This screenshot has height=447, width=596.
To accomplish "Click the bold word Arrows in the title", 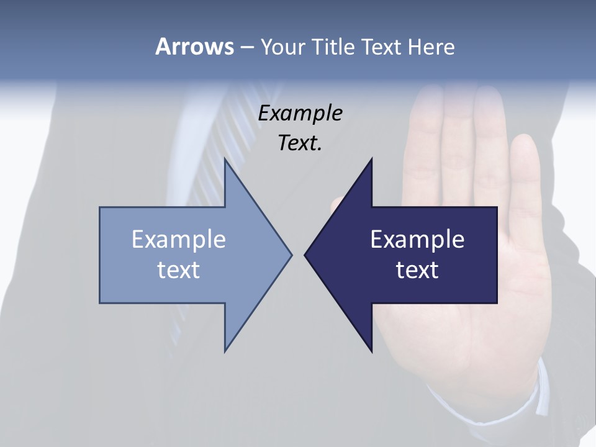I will [x=194, y=47].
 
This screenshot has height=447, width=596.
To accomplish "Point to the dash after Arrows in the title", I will [x=246, y=47].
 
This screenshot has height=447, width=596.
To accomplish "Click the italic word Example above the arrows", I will [x=300, y=113].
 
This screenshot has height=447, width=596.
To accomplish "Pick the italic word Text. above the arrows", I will [x=300, y=143].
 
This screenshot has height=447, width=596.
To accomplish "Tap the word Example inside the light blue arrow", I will [x=178, y=240].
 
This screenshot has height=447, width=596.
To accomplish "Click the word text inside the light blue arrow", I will [x=178, y=269].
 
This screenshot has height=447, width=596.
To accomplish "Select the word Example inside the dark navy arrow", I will [x=417, y=240].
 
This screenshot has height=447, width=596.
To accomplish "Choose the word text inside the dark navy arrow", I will [x=417, y=269].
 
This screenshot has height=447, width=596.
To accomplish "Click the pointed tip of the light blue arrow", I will [x=290, y=255].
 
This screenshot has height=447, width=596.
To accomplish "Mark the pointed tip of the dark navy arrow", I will [x=307, y=255].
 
